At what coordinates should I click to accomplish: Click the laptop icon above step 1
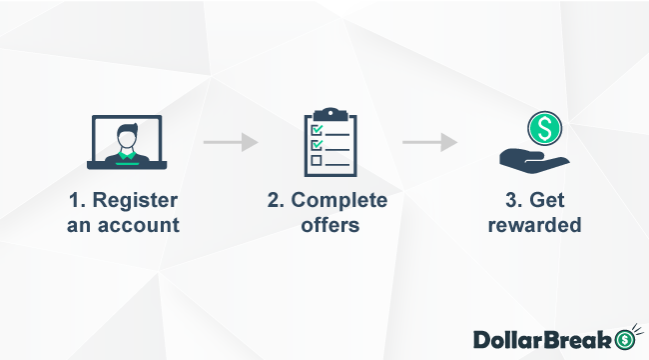coord(125,143)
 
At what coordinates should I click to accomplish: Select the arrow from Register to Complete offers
coord(231,142)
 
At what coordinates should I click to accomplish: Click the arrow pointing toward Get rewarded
coord(429,142)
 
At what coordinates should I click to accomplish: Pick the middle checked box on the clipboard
coord(317,145)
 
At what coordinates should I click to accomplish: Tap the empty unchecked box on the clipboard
coord(317,159)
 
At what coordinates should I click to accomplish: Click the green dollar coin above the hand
coord(545,127)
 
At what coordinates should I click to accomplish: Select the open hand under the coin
coord(529,157)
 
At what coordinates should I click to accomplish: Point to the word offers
coord(328,225)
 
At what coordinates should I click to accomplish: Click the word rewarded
coord(534,225)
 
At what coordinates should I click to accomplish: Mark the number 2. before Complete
coord(277,199)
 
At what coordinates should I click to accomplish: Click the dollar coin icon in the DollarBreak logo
coord(627,339)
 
